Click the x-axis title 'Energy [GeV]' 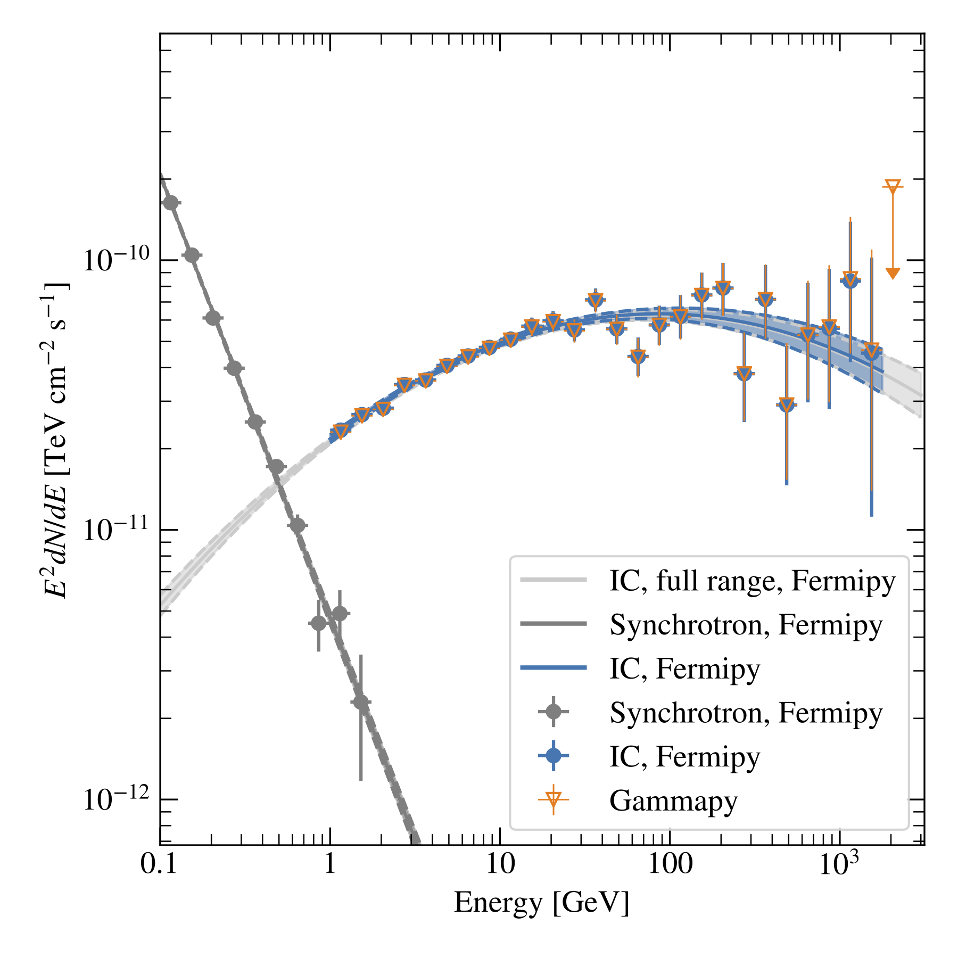click(541, 903)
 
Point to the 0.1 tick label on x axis click(158, 865)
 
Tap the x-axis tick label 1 click(330, 865)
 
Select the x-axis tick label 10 click(500, 865)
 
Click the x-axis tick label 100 click(670, 865)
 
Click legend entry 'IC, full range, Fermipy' click(752, 581)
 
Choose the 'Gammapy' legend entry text click(673, 800)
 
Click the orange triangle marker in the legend click(554, 799)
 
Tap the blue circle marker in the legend click(554, 755)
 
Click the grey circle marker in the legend click(554, 712)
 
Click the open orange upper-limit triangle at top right click(893, 187)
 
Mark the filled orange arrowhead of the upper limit click(893, 273)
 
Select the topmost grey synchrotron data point click(171, 203)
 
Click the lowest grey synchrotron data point click(361, 703)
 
